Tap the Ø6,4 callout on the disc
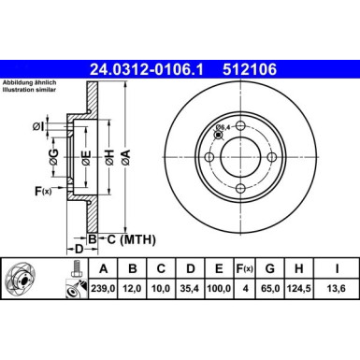click(x=223, y=127)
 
